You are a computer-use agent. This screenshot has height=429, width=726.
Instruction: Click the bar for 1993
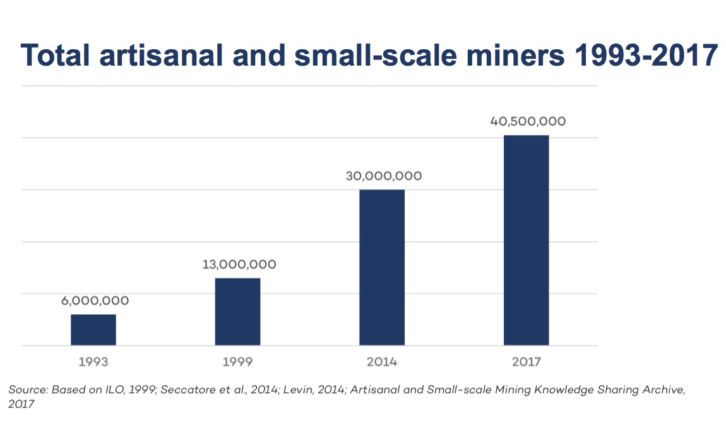pos(93,329)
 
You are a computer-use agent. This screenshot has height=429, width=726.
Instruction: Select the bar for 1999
pos(237,311)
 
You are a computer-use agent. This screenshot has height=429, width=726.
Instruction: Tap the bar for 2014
pos(382,267)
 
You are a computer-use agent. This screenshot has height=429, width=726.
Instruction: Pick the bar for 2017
pos(526,240)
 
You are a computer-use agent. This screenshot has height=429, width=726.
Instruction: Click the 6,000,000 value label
pos(95,301)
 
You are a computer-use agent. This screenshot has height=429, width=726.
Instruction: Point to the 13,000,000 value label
pos(239,264)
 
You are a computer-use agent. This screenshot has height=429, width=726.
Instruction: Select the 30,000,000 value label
pos(383,176)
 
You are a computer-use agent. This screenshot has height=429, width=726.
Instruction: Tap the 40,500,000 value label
pos(528,121)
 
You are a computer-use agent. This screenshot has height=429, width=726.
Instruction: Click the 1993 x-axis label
pos(93,362)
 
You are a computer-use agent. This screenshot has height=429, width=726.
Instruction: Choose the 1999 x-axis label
pos(237,362)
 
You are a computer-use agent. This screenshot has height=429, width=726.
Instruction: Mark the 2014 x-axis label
pos(382,362)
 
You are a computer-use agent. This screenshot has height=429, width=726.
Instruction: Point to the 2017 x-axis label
pos(527,362)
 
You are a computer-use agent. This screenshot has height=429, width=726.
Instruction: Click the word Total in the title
pos(59,56)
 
